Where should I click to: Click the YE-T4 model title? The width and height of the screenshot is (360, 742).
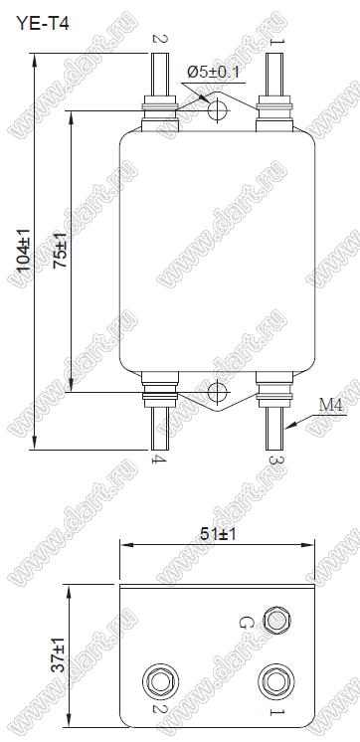coord(43,22)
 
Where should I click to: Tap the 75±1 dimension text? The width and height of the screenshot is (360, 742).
coord(60,252)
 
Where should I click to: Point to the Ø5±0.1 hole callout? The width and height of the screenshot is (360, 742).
coord(214,73)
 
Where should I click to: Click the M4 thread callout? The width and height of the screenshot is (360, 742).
coord(331,405)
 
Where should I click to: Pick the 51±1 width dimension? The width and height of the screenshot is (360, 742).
coord(217,534)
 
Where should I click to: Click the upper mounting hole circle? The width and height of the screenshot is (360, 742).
coord(218,110)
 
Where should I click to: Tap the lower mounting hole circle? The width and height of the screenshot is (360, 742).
coord(218,392)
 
